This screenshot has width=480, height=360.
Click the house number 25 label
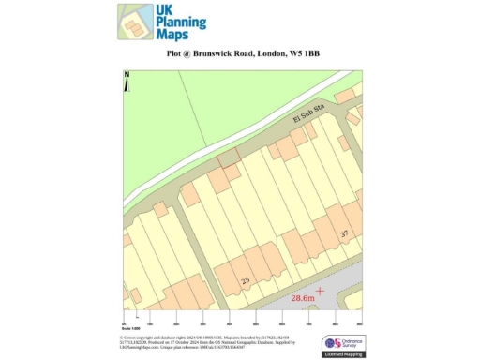point(246,280)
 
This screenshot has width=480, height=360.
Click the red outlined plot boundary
point(227,157)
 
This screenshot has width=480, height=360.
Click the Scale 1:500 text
point(130,328)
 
